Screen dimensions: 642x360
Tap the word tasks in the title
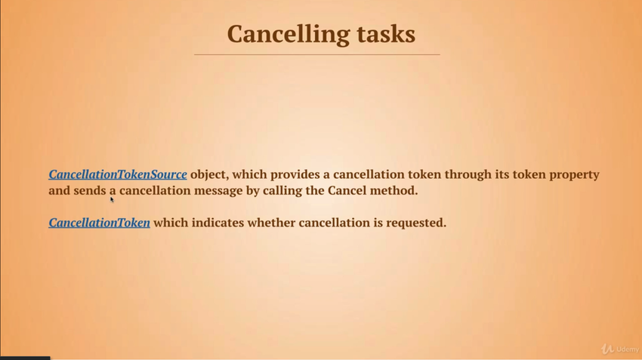click(x=386, y=34)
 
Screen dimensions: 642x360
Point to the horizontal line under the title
click(x=317, y=54)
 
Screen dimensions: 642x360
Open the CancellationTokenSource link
click(x=118, y=174)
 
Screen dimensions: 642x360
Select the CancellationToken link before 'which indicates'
click(x=100, y=223)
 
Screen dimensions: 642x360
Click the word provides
click(x=295, y=174)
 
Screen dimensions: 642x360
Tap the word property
click(x=574, y=175)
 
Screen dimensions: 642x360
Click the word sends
click(x=90, y=191)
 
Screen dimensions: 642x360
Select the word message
click(x=218, y=191)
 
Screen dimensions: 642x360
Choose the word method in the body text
click(x=394, y=191)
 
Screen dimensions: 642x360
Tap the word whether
click(x=271, y=223)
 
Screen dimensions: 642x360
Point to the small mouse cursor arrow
click(x=112, y=200)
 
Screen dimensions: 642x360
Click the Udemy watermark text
click(x=628, y=349)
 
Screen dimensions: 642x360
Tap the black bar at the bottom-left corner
click(x=25, y=358)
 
